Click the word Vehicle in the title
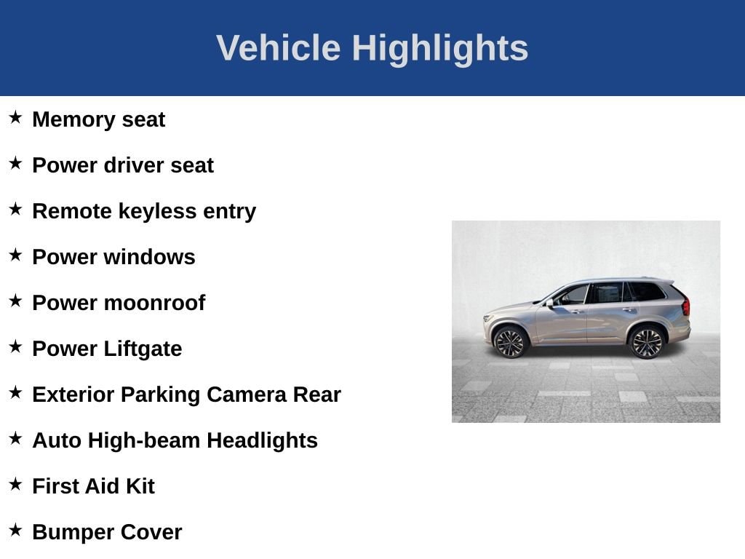(278, 48)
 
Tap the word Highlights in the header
(439, 48)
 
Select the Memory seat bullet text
(98, 119)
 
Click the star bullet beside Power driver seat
(15, 164)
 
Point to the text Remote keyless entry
(144, 211)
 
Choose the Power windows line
(113, 257)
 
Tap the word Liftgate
(143, 349)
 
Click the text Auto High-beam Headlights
(175, 440)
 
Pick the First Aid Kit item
(93, 486)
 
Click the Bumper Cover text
(107, 532)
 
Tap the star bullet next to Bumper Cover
(15, 531)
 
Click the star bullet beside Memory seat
(15, 118)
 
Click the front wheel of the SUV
(510, 342)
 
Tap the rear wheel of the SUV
(646, 342)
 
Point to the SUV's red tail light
(685, 306)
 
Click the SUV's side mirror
(551, 302)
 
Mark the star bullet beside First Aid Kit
(15, 485)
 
